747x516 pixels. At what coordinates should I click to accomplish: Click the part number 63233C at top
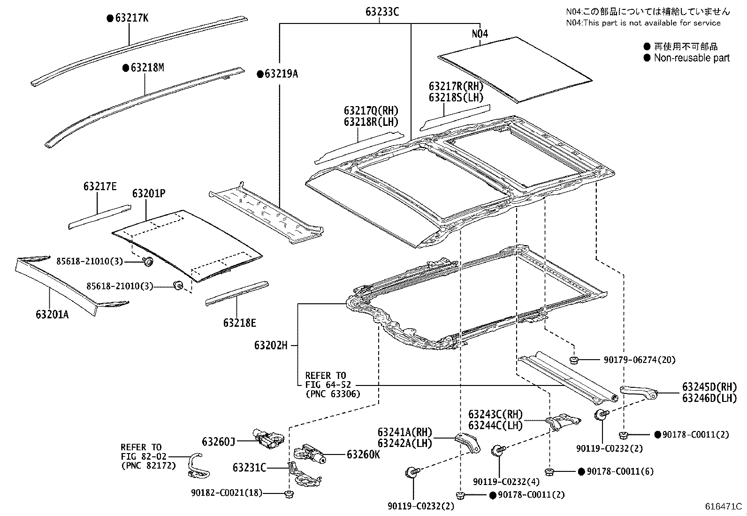click(x=382, y=12)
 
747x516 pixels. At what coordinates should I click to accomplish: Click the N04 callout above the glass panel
click(x=480, y=34)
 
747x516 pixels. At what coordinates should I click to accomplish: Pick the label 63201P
click(x=148, y=193)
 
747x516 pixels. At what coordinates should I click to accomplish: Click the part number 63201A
click(x=52, y=314)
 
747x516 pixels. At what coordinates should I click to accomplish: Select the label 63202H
click(x=270, y=345)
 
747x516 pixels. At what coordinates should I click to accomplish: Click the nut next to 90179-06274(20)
click(x=573, y=360)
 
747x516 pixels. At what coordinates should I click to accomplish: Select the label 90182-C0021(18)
click(x=226, y=493)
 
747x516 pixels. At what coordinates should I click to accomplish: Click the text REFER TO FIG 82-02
click(x=141, y=456)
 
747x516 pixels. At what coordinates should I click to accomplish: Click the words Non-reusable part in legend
click(x=691, y=58)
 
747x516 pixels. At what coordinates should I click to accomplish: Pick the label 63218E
click(x=239, y=323)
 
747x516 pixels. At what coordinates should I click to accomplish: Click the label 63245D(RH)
click(x=709, y=387)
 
